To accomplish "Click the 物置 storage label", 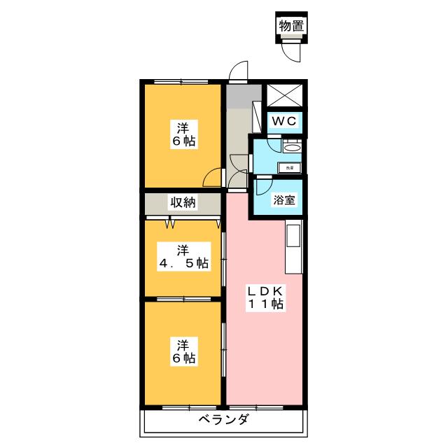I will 292,26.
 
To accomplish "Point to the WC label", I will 285,121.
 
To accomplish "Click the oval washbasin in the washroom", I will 292,147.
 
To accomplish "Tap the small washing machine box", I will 289,167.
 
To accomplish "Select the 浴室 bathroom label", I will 284,199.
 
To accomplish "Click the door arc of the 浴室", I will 263,186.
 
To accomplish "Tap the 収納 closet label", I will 182,203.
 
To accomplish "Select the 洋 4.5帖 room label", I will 182,256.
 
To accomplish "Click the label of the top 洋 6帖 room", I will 183,134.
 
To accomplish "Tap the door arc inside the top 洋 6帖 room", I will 212,178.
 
